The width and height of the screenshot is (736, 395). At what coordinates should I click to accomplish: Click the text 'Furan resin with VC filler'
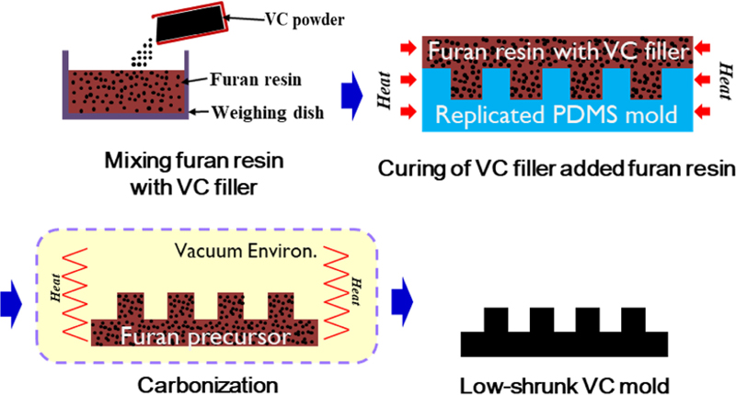(x=554, y=53)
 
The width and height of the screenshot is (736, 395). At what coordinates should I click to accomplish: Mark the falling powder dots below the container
(x=144, y=55)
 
